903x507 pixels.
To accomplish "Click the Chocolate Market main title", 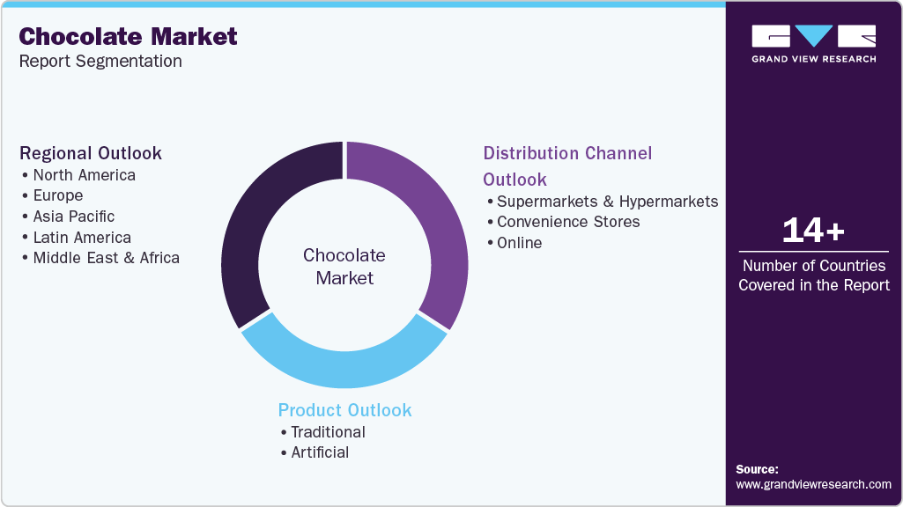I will coord(129,36).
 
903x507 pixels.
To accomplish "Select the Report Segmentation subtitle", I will coord(100,61).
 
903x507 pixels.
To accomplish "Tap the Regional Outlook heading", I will coord(91,153).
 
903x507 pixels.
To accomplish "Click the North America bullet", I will coord(84,175).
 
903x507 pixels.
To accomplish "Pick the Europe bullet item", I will coord(57,195).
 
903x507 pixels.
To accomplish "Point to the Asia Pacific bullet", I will coord(73,217).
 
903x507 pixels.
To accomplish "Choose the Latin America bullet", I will coord(81,238).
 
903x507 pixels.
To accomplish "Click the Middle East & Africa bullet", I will coord(106,258).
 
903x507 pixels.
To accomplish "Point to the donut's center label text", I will coord(344,267).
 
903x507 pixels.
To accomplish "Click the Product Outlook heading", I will coord(344,410).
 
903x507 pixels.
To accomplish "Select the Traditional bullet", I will coord(328,432).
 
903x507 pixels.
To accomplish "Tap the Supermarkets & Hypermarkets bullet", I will coord(607,202).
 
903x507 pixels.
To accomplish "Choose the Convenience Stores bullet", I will coord(568,222).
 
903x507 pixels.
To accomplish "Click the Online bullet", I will coord(519,243).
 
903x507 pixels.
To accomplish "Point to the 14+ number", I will coord(813,231).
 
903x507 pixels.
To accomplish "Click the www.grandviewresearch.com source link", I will coord(813,484).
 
